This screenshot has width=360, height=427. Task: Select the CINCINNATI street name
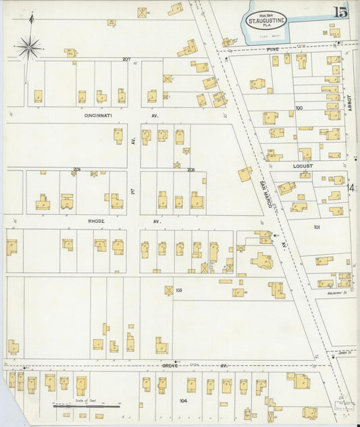[103, 116]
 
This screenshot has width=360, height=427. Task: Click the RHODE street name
[97, 221]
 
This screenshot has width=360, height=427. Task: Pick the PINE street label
[273, 49]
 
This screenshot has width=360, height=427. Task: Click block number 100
[299, 107]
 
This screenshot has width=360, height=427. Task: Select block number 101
[316, 228]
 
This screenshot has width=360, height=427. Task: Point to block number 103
[178, 291]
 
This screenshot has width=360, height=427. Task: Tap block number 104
[183, 401]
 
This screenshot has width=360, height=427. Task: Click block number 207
[126, 59]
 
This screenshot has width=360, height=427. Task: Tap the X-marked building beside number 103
[169, 290]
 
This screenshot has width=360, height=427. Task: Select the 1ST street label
[134, 193]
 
